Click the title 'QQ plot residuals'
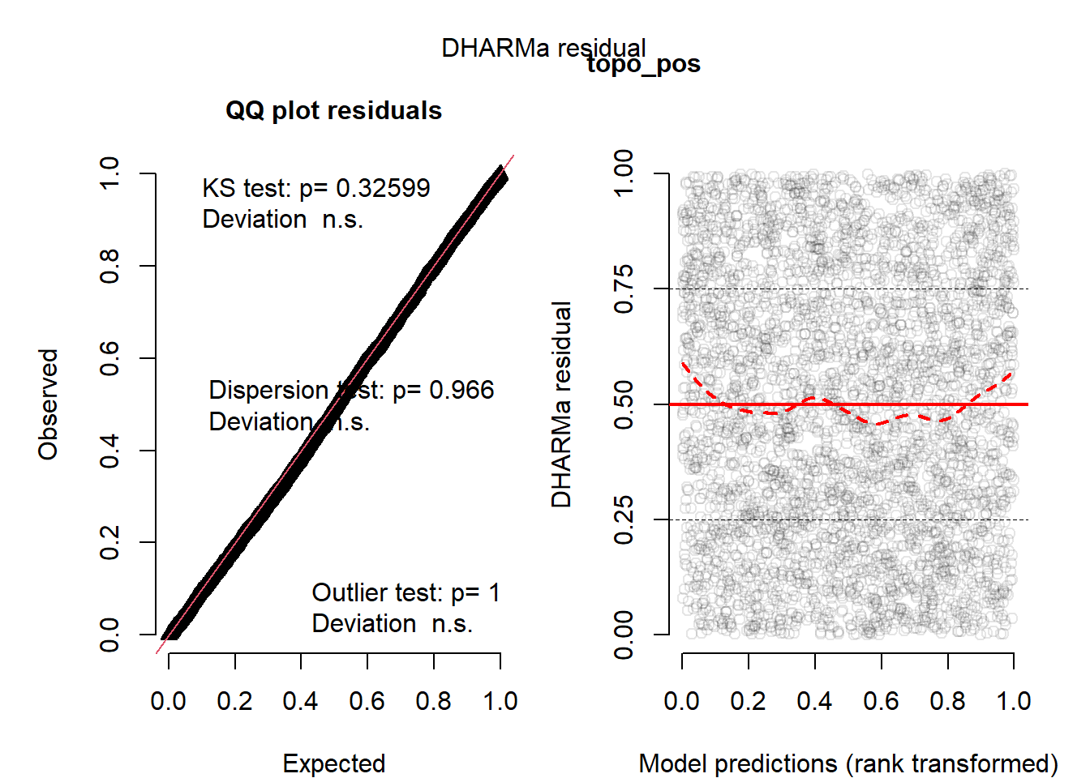(333, 110)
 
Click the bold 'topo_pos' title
(643, 64)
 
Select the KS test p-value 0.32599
(383, 188)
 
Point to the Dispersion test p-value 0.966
(461, 390)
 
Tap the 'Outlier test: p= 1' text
(406, 592)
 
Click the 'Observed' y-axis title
(49, 404)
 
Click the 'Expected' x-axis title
(333, 763)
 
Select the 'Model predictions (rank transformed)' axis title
(848, 763)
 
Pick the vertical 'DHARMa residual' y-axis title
(561, 404)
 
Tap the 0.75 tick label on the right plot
(624, 289)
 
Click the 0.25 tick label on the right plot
(624, 519)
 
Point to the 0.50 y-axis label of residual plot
(624, 404)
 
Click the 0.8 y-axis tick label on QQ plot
(109, 266)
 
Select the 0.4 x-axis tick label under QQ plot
(300, 701)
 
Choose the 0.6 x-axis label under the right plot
(881, 701)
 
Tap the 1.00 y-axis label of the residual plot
(624, 173)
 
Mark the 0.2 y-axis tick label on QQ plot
(109, 542)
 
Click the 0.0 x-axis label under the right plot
(681, 701)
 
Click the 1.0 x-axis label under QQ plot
(500, 701)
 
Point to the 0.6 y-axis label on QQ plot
(109, 358)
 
